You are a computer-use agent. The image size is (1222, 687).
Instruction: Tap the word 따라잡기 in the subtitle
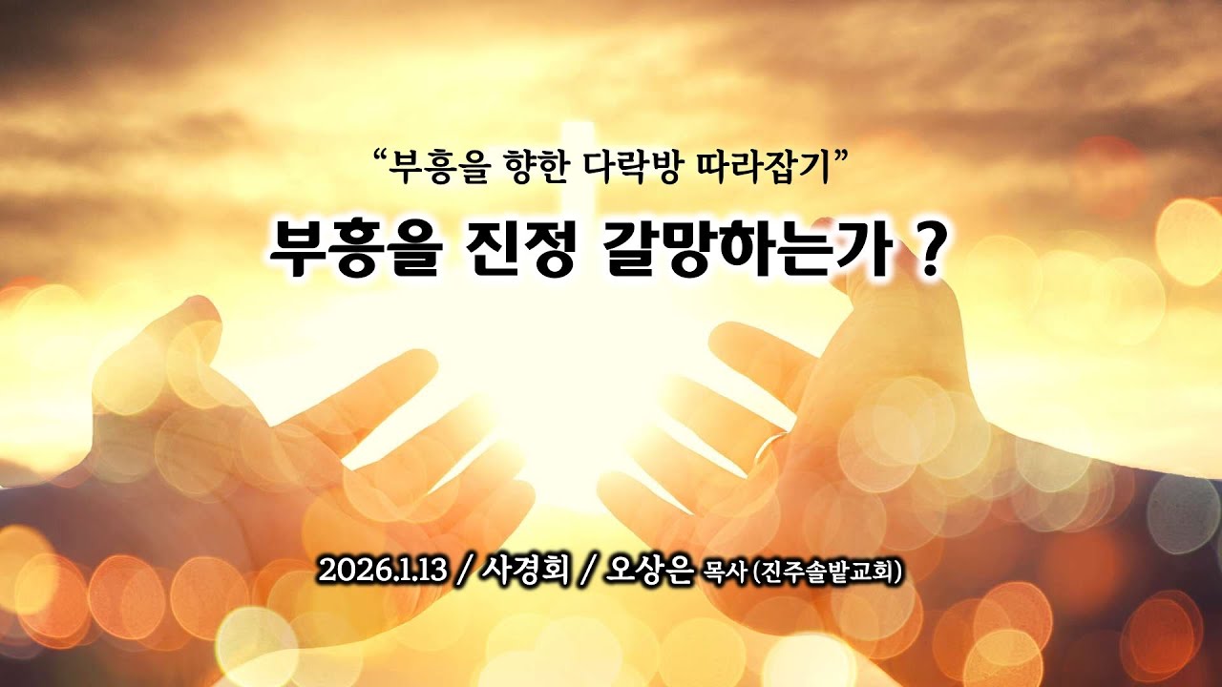753,169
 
